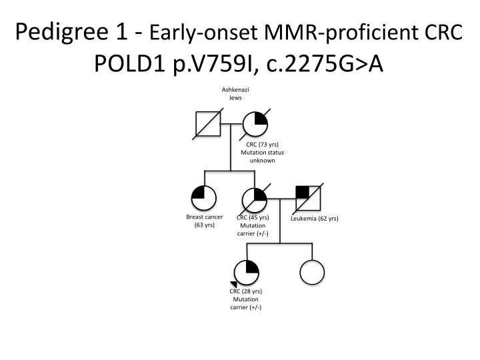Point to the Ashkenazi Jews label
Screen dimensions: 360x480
[230, 94]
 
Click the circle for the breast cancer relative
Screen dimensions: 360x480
[204, 199]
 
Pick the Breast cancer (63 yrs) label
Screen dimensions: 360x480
[204, 221]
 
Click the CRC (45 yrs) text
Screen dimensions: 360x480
[253, 217]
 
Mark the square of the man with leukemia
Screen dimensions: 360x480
[308, 199]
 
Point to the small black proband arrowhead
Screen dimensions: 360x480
[234, 285]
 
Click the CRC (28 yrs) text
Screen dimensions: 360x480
[246, 292]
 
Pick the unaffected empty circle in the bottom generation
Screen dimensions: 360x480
[312, 273]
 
